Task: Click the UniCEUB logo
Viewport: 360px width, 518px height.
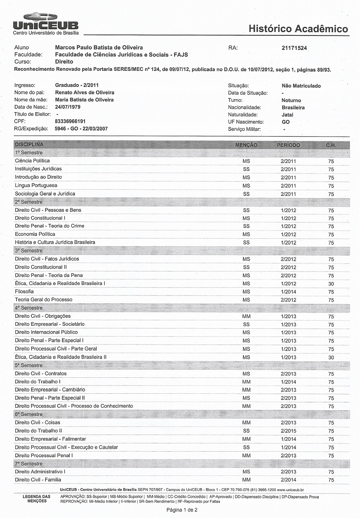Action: tap(45, 23)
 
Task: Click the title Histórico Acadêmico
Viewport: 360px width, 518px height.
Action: tap(298, 29)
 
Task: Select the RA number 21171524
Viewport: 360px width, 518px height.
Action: tap(294, 48)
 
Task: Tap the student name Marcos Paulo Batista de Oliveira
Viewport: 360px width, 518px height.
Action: tap(99, 48)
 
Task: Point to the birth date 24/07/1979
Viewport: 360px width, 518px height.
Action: tap(68, 107)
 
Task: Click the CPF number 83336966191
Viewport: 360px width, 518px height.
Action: tap(70, 121)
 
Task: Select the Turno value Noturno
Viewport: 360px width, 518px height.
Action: tap(291, 100)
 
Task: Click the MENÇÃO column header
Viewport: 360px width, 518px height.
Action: tap(246, 145)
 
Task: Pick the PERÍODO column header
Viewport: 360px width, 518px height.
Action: tap(288, 145)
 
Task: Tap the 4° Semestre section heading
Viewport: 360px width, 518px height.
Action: tap(29, 308)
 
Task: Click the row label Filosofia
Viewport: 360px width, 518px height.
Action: tap(24, 291)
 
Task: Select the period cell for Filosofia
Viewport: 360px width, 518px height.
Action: tap(288, 292)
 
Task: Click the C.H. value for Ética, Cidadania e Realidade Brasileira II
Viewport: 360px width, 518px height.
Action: tap(331, 357)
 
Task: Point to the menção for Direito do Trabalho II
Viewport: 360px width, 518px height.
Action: tap(246, 431)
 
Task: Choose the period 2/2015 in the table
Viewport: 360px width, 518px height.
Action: tap(288, 431)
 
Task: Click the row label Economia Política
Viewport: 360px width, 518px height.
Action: tap(35, 234)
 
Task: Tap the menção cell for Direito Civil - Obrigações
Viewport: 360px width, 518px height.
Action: tap(246, 317)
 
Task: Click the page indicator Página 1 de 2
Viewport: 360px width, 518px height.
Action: tap(182, 510)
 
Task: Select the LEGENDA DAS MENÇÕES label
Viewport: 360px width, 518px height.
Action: tap(37, 499)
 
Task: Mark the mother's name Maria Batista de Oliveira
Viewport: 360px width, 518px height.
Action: tap(84, 100)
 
